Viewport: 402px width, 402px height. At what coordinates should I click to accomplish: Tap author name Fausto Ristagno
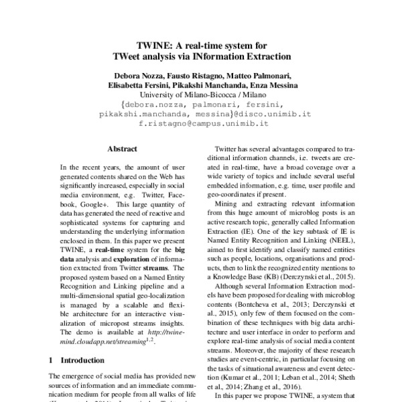187,76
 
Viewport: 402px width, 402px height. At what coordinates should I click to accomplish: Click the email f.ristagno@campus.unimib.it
200,124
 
